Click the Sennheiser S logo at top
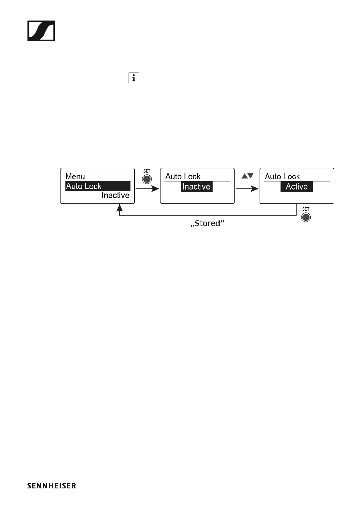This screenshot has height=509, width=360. (41, 31)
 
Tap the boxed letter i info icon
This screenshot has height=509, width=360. (134, 78)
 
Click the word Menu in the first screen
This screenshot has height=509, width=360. (75, 176)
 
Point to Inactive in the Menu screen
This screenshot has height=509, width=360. (115, 196)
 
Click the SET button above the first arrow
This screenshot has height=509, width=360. (147, 179)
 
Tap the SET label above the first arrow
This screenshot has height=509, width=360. (147, 171)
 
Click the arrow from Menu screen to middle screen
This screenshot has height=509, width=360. (147, 189)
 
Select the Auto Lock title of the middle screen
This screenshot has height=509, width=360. (183, 176)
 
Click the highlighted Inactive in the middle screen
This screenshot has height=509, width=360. (197, 186)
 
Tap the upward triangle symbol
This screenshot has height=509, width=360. (244, 176)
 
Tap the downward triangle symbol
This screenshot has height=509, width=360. (250, 176)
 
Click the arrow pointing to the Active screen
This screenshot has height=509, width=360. (247, 189)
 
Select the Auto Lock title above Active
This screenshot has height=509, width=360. (282, 176)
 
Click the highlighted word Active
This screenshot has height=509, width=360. (296, 186)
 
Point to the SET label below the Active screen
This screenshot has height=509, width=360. (306, 209)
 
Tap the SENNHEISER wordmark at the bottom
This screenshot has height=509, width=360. (52, 486)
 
